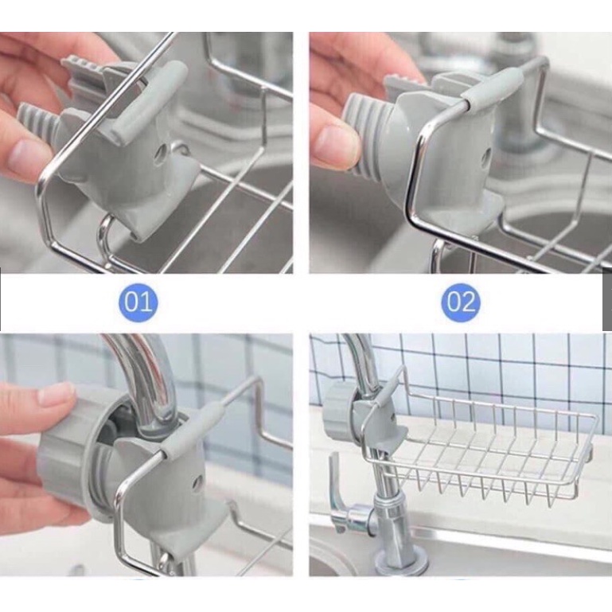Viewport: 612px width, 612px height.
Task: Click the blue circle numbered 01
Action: coord(138,302)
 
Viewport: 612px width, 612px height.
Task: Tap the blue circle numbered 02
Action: coord(461,302)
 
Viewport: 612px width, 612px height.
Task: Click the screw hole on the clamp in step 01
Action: coord(161,154)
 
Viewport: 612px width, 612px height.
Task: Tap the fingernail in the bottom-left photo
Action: coord(56,394)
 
